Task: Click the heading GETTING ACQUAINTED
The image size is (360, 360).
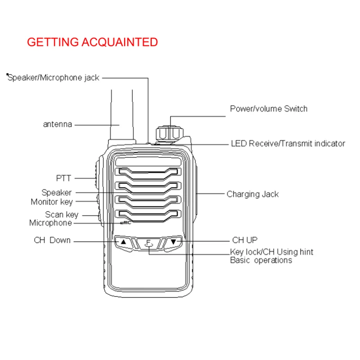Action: (x=92, y=42)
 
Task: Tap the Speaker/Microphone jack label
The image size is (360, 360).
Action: (x=54, y=77)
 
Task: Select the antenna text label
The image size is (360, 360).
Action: (x=57, y=124)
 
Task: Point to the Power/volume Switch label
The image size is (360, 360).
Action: (x=269, y=108)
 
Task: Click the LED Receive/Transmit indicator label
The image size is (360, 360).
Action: (x=288, y=144)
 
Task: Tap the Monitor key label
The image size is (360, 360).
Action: (x=51, y=202)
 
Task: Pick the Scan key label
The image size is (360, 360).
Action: (x=61, y=215)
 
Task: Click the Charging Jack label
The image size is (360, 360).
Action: (x=252, y=194)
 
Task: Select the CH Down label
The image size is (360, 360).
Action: (x=52, y=240)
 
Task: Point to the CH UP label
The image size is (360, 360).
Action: (x=245, y=240)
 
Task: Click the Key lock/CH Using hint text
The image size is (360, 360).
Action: (x=271, y=252)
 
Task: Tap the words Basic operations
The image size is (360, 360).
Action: (x=261, y=261)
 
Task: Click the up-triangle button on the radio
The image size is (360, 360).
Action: (x=123, y=242)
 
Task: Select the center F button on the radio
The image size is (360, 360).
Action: (x=148, y=243)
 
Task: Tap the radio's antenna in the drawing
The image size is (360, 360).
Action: (x=122, y=117)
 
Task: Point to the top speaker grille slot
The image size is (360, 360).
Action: (x=148, y=171)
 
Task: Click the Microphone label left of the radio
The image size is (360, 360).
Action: (x=50, y=223)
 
